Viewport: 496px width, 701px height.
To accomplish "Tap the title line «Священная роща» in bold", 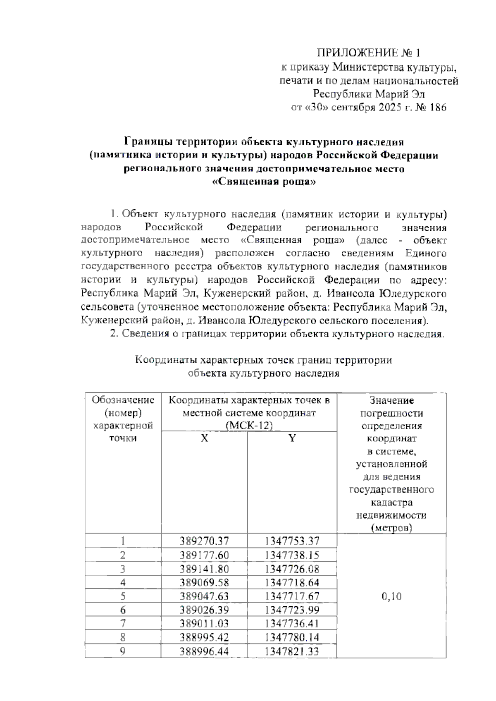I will (x=264, y=182).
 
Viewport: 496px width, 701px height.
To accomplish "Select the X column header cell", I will (x=204, y=438).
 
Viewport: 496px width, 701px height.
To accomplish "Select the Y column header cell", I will (x=292, y=438).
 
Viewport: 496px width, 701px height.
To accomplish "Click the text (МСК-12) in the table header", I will (x=249, y=426).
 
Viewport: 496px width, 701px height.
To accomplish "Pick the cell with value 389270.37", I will (x=204, y=541).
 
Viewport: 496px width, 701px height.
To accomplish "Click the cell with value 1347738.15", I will (x=292, y=555).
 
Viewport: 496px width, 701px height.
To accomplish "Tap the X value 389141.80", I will (x=204, y=569).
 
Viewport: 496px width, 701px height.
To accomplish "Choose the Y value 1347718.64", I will (x=292, y=582).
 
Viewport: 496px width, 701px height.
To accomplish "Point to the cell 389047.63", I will (x=204, y=596).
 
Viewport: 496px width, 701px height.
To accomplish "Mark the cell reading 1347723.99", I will (x=292, y=610).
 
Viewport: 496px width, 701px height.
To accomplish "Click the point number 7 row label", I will (x=123, y=623).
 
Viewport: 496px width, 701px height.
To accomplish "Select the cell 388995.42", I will (x=204, y=637).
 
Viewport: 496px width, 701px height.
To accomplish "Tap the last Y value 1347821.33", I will (x=292, y=651).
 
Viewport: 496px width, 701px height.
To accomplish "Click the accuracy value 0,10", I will (x=391, y=596).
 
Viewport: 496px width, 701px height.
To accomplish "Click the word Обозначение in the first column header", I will (x=123, y=400).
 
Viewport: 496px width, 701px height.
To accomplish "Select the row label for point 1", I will (x=123, y=541).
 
